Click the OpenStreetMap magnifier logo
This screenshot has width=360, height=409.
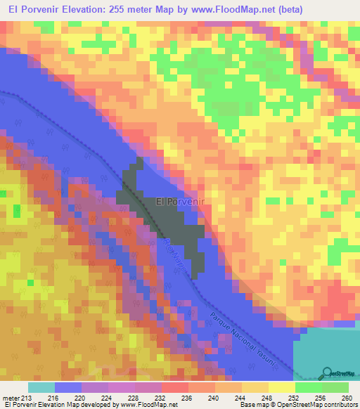(328, 372)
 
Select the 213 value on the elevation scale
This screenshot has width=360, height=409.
(28, 398)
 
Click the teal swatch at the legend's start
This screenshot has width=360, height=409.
(41, 388)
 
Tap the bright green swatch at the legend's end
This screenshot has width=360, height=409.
(335, 388)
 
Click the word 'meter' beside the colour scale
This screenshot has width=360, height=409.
(11, 398)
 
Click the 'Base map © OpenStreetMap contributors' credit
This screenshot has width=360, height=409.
(298, 405)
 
